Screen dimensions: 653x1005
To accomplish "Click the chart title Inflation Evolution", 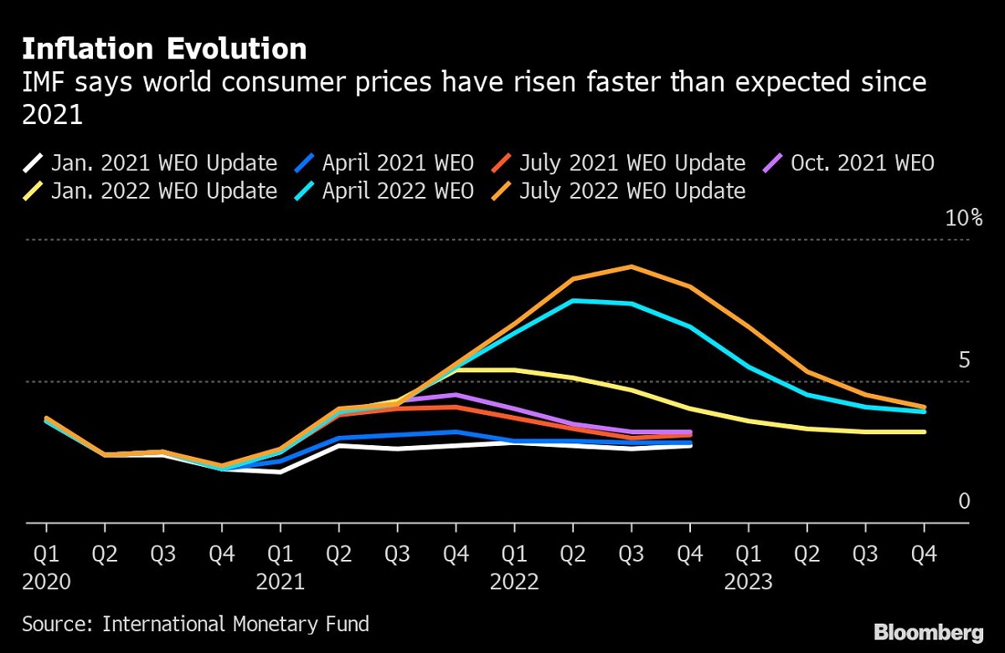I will click(164, 49).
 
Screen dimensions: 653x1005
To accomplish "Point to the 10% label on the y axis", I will click(963, 219).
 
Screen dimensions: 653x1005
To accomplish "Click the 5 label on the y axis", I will click(964, 360).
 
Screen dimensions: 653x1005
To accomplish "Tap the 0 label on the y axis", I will click(964, 501).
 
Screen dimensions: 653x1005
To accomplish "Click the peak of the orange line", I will click(631, 267).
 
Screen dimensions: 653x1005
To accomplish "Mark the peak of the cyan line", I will click(574, 300).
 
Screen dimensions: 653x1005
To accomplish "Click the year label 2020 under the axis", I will click(46, 582).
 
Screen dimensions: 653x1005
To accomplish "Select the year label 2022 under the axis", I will click(514, 582).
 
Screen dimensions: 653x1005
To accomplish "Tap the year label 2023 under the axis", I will click(749, 582).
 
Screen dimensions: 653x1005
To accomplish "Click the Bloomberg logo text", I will click(928, 631).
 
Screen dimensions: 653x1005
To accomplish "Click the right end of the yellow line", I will click(924, 432).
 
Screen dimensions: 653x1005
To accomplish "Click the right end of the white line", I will click(690, 446).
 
